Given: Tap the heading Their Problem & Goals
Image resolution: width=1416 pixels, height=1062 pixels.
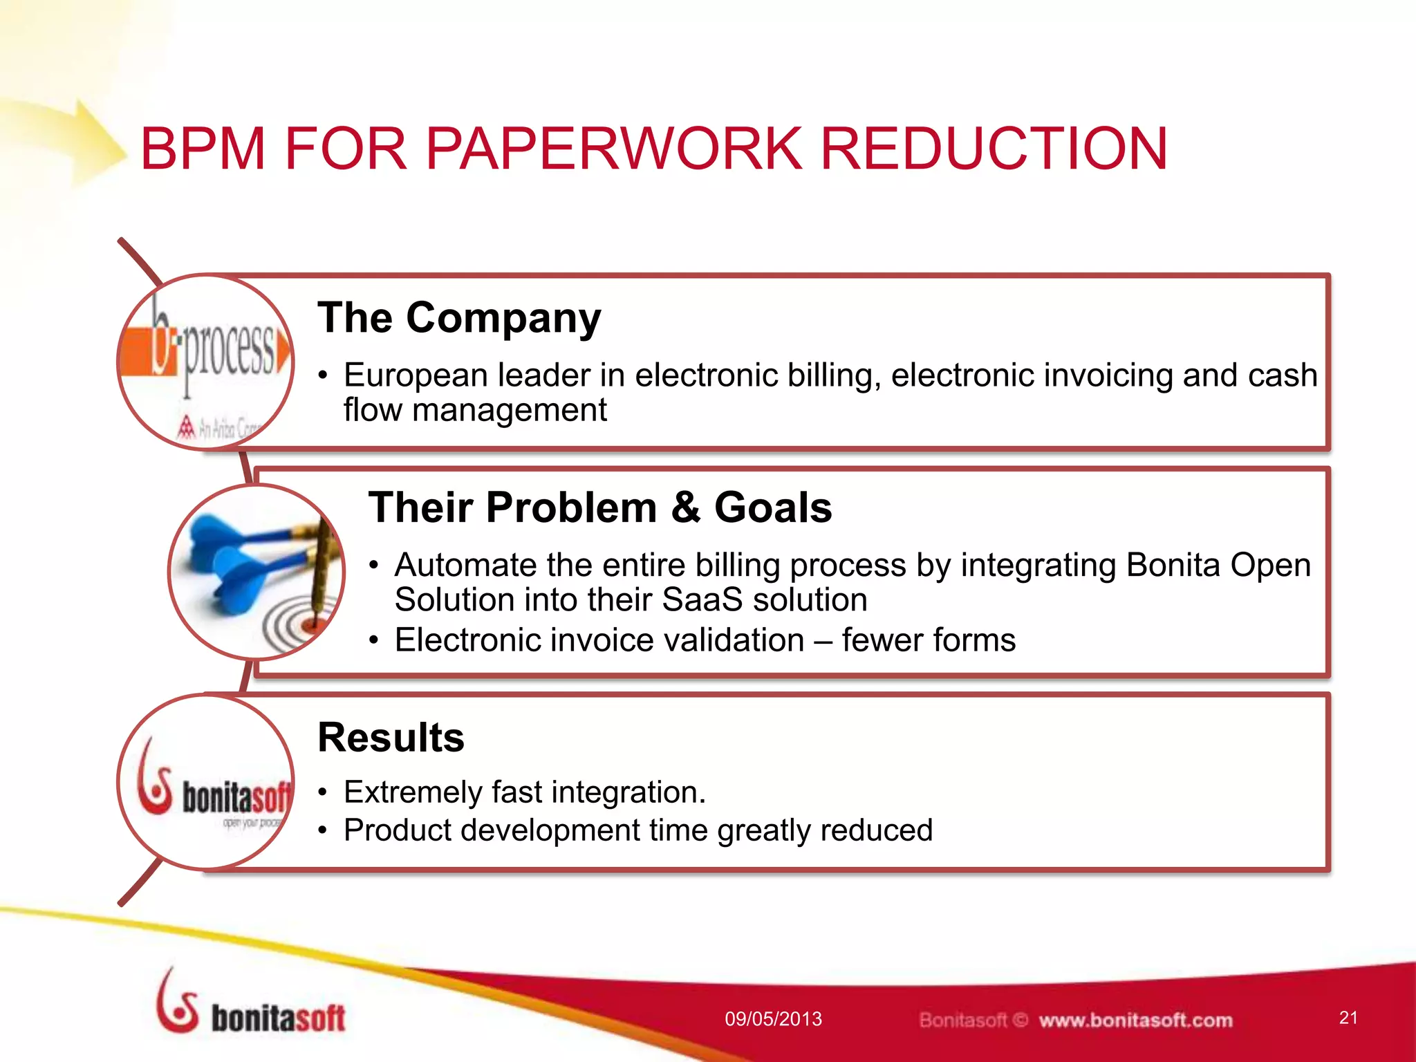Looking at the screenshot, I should tap(599, 507).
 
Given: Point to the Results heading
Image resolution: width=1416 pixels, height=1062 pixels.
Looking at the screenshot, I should tap(391, 737).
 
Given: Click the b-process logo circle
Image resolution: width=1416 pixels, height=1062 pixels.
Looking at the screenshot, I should tap(206, 362).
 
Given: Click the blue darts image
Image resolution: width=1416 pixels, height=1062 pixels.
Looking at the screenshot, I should tap(257, 571).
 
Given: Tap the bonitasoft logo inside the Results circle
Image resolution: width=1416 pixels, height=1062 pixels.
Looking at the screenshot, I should tap(207, 788).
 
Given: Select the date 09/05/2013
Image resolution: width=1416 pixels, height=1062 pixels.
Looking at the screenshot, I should tap(773, 1019).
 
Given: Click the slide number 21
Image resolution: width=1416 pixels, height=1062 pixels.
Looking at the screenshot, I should tap(1348, 1018).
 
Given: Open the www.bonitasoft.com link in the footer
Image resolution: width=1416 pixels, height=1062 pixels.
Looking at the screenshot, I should tap(1135, 1021).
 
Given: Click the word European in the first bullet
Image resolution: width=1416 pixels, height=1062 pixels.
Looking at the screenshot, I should tap(416, 375).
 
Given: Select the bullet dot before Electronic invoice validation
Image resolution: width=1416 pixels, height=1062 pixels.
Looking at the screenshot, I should tap(374, 641).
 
